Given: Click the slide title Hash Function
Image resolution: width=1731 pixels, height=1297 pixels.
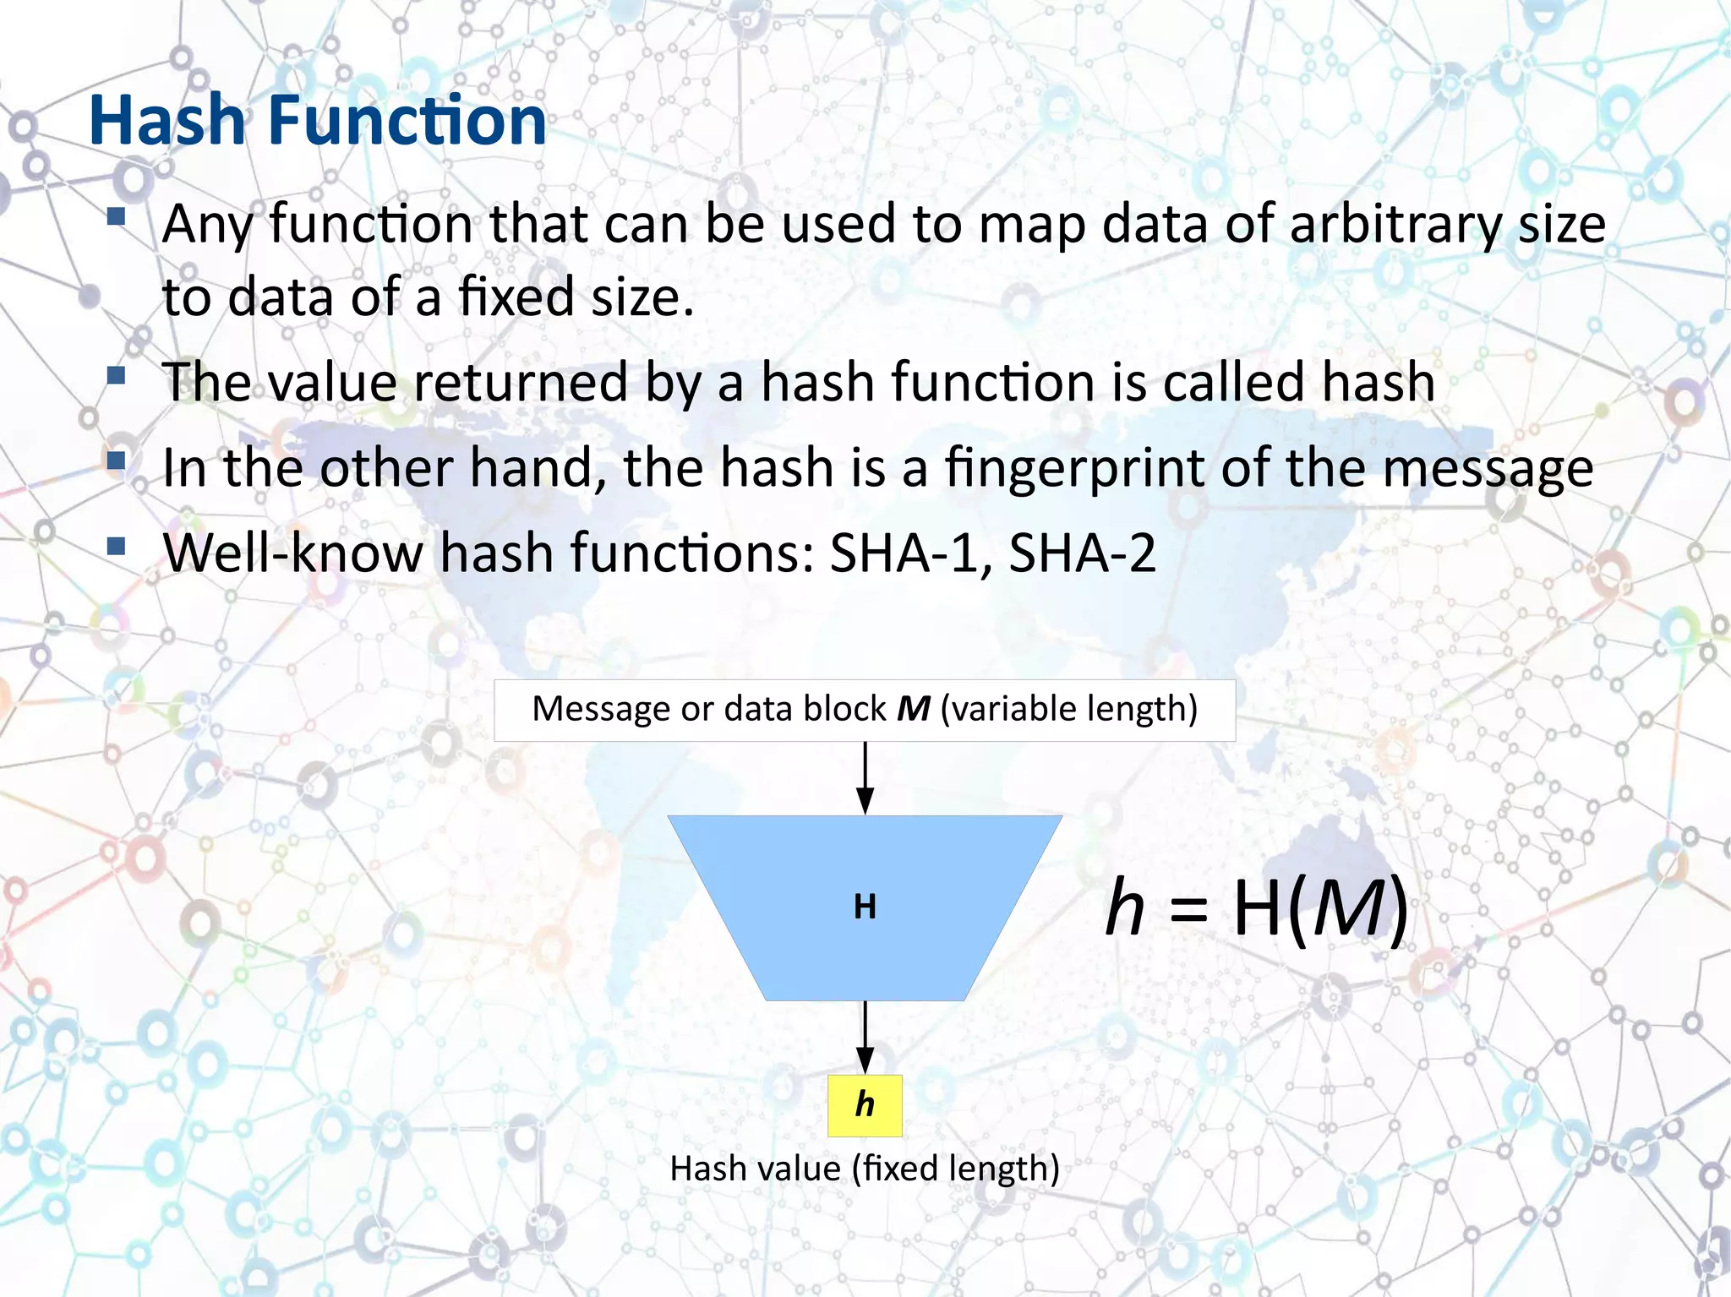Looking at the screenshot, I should pos(318,120).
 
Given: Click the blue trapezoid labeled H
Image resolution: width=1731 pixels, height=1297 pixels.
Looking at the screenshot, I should pos(865,907).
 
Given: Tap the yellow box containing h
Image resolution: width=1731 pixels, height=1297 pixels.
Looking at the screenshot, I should pos(865,1105).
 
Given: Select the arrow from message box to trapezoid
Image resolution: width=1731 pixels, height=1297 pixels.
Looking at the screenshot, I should pos(865,778).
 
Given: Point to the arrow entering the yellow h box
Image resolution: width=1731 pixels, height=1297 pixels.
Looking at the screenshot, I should pos(865,1038).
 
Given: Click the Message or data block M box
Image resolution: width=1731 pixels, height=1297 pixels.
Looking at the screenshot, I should pos(865,710).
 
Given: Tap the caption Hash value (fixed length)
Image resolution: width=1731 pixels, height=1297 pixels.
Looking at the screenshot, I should pos(865,1169).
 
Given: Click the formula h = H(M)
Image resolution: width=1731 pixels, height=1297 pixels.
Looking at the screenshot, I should pos(1257,908).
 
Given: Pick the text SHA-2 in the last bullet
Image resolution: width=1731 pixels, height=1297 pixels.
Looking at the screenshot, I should pos(1082,553).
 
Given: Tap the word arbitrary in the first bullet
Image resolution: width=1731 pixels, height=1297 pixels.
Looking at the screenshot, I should pos(1395,226).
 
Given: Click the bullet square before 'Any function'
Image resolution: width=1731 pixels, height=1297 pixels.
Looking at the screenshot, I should pos(117,218).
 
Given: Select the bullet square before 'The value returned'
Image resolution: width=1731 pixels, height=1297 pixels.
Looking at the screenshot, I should pos(117,375).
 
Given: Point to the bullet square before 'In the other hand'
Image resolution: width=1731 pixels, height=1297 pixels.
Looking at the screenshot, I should pos(117,461).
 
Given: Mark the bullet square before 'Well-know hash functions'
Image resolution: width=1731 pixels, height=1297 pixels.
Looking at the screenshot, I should pos(117,547).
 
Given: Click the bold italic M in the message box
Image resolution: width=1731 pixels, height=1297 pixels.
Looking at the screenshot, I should pos(913,709).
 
